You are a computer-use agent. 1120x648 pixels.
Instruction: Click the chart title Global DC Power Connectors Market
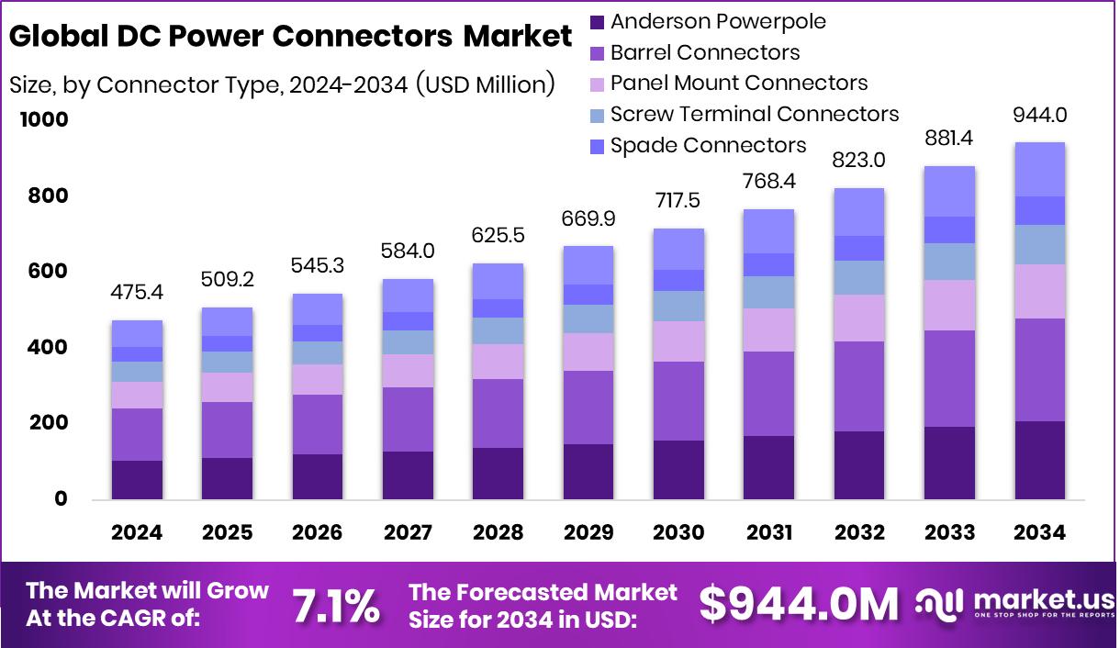click(290, 37)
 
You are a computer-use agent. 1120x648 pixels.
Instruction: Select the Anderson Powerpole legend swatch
click(597, 22)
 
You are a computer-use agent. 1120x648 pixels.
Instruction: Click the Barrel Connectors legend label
click(704, 53)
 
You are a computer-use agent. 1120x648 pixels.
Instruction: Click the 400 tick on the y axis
click(47, 348)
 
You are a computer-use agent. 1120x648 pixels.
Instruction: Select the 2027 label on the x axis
click(408, 533)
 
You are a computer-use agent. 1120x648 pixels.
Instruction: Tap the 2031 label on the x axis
click(768, 533)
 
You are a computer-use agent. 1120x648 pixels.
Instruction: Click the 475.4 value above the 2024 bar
click(138, 292)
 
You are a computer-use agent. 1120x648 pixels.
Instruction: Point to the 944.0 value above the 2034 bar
click(1039, 116)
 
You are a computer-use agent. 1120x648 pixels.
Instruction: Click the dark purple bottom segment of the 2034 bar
click(1039, 460)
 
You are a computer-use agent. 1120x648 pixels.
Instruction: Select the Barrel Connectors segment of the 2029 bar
click(588, 408)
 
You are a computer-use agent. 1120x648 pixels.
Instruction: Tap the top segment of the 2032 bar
click(858, 212)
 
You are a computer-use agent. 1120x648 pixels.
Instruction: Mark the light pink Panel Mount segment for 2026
click(318, 379)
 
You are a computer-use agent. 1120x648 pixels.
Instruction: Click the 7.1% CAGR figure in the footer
click(336, 606)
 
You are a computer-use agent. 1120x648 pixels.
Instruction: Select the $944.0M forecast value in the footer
click(799, 605)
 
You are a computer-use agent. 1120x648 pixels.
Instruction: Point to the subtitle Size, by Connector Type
click(282, 85)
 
